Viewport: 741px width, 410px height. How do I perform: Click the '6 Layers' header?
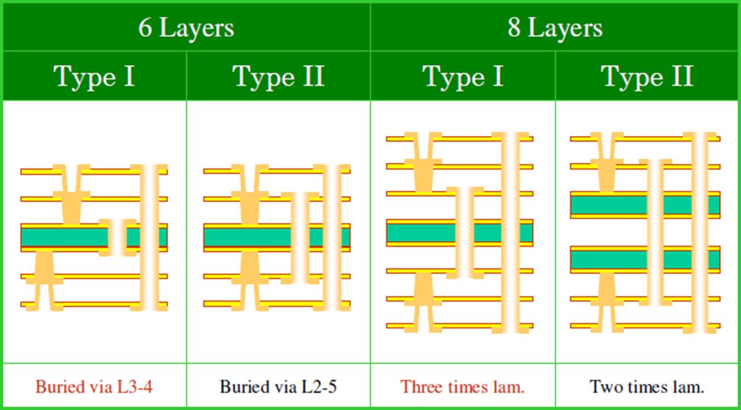click(x=185, y=28)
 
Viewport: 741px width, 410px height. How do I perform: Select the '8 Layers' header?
click(x=554, y=28)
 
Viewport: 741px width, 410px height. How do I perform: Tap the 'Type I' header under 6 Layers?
click(x=95, y=77)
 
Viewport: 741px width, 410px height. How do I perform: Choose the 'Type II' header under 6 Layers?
click(x=278, y=77)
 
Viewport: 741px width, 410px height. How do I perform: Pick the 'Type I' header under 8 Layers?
click(x=463, y=77)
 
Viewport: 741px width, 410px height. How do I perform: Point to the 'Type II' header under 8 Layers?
click(x=647, y=77)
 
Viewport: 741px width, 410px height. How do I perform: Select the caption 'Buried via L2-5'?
click(x=278, y=387)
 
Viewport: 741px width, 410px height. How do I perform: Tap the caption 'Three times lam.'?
click(x=462, y=387)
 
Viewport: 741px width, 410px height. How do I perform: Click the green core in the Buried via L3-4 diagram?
click(x=61, y=237)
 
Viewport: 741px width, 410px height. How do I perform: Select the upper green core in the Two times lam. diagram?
click(x=608, y=205)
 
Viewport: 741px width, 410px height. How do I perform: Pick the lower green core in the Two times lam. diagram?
click(x=608, y=259)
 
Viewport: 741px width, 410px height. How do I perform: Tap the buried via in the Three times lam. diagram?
click(x=465, y=233)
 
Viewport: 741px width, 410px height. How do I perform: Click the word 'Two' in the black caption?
click(x=604, y=387)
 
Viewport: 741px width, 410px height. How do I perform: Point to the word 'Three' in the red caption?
click(x=420, y=387)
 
